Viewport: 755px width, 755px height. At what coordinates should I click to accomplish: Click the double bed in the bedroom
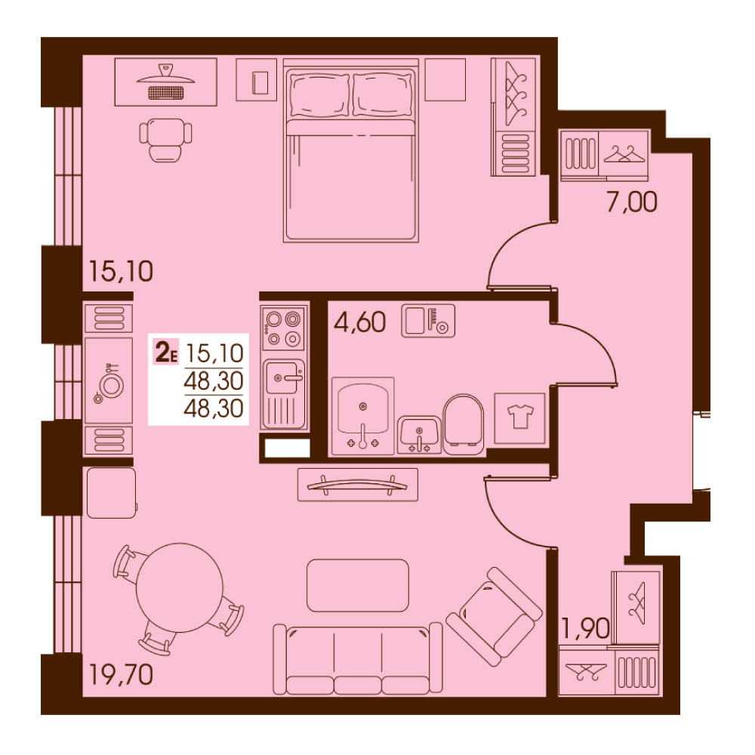coord(350,150)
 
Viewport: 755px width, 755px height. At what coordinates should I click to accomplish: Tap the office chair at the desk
coord(165,140)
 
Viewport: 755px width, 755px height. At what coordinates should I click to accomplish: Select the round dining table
coord(179,587)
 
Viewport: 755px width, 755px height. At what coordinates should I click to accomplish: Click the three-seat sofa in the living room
coord(358,660)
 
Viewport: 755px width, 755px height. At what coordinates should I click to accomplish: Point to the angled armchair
coord(494,617)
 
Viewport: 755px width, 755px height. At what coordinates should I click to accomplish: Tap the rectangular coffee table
coord(358,585)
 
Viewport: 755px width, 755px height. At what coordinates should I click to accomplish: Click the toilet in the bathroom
coord(464,424)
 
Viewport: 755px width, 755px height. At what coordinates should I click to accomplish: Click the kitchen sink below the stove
coord(283,393)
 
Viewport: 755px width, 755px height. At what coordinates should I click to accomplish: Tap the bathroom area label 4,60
coord(359,322)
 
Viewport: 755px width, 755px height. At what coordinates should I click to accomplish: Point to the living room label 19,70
coord(121,674)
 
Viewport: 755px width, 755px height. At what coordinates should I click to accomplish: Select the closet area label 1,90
coord(586,628)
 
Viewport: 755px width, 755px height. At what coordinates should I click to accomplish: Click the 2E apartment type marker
coord(165,352)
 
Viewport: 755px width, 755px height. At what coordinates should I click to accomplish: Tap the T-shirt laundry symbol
coord(520,417)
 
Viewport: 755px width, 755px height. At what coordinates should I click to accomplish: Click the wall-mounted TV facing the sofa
coord(358,485)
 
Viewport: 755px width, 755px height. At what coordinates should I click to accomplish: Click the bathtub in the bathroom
coord(362,416)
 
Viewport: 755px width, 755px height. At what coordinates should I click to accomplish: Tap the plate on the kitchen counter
coord(112,386)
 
